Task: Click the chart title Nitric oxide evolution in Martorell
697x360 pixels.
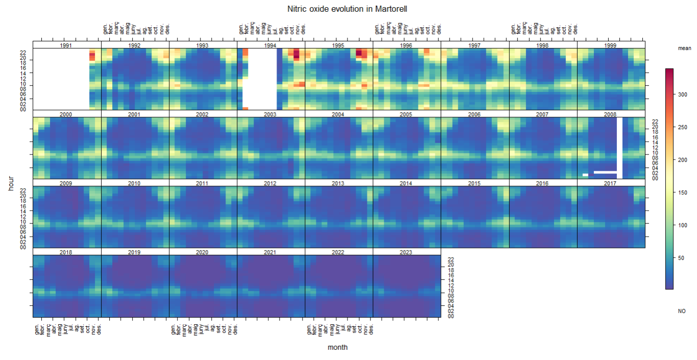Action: coord(347,9)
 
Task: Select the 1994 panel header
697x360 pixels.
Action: coord(270,45)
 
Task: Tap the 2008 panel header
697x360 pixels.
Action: coord(611,114)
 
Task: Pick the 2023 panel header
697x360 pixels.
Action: coord(407,252)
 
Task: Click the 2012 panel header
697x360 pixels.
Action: coord(270,183)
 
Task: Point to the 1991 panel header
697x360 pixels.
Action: coord(66,45)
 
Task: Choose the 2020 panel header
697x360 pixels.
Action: coord(203,252)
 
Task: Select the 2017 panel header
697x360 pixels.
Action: coord(611,183)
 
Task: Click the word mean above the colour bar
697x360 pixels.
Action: coord(684,48)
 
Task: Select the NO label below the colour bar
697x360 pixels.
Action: coord(682,311)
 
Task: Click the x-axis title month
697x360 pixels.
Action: coord(338,347)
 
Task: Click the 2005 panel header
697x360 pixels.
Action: coord(407,114)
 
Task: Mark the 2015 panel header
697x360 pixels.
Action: coord(475,183)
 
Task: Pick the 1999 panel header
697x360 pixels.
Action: coord(611,45)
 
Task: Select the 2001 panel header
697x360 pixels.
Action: coord(135,114)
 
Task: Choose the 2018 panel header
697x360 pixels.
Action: coord(66,252)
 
